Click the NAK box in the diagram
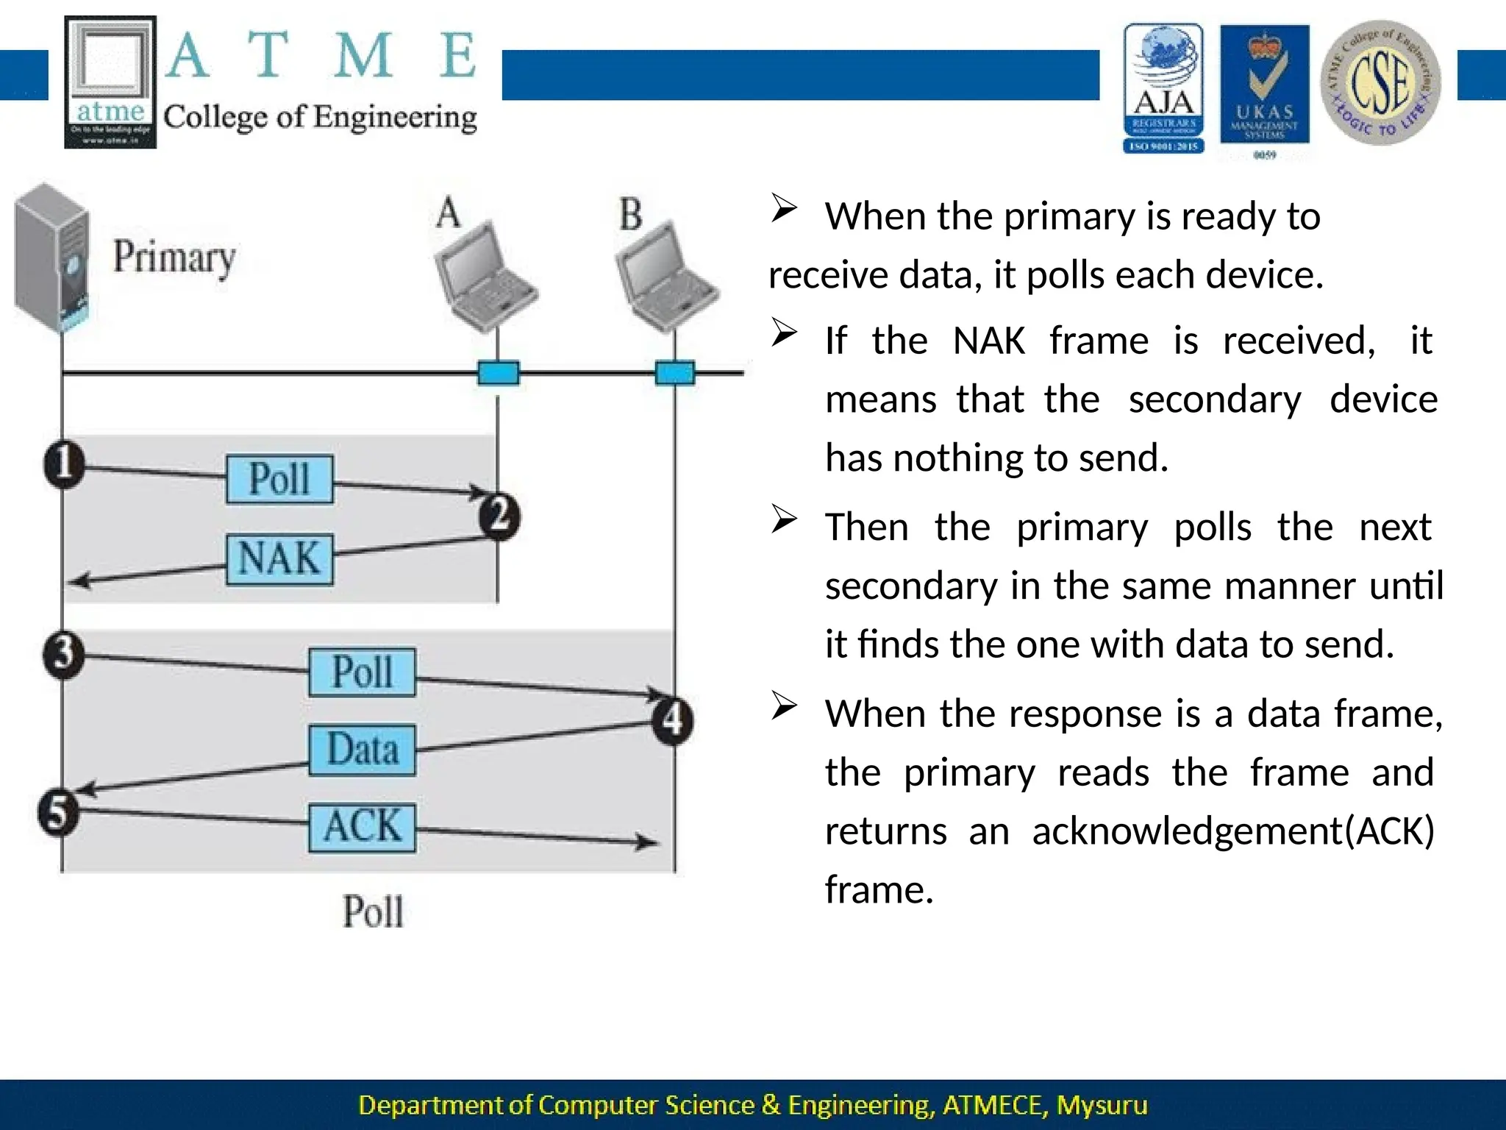(279, 559)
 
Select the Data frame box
(362, 750)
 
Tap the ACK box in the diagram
(362, 827)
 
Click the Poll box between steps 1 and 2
(279, 479)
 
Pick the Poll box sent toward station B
(362, 672)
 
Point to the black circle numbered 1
(64, 464)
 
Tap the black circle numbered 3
(63, 654)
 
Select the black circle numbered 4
(673, 720)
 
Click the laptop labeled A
(485, 276)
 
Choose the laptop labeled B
(666, 276)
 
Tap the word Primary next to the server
(174, 257)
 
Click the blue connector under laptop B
(674, 373)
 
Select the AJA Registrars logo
(1163, 88)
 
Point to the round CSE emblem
(1380, 82)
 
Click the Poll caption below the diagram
(373, 912)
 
